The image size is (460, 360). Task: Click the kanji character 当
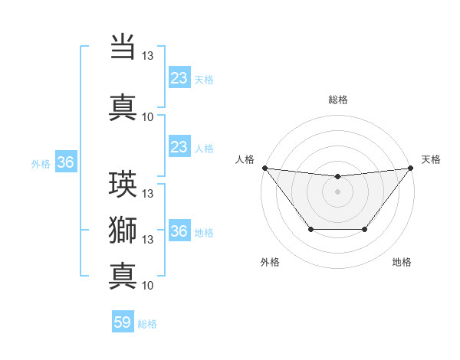pyautogui.click(x=123, y=47)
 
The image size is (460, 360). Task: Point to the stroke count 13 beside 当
pyautogui.click(x=148, y=56)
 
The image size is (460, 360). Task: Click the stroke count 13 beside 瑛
pyautogui.click(x=148, y=194)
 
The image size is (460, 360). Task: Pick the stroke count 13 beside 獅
pyautogui.click(x=148, y=240)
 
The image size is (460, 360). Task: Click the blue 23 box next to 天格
pyautogui.click(x=179, y=78)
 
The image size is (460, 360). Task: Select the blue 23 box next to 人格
pyautogui.click(x=179, y=147)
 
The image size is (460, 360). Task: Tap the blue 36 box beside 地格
pyautogui.click(x=179, y=231)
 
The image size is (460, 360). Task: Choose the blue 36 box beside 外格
pyautogui.click(x=65, y=162)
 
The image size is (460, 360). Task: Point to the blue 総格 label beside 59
pyautogui.click(x=147, y=324)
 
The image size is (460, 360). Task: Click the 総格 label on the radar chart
pyautogui.click(x=337, y=100)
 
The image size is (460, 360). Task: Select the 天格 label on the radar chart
pyautogui.click(x=431, y=159)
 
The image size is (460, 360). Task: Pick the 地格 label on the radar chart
pyautogui.click(x=402, y=263)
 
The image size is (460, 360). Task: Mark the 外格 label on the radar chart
pyautogui.click(x=270, y=263)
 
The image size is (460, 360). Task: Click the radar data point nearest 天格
pyautogui.click(x=411, y=168)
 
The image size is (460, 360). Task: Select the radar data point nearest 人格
pyautogui.click(x=264, y=168)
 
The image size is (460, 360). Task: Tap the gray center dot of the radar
pyautogui.click(x=337, y=191)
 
